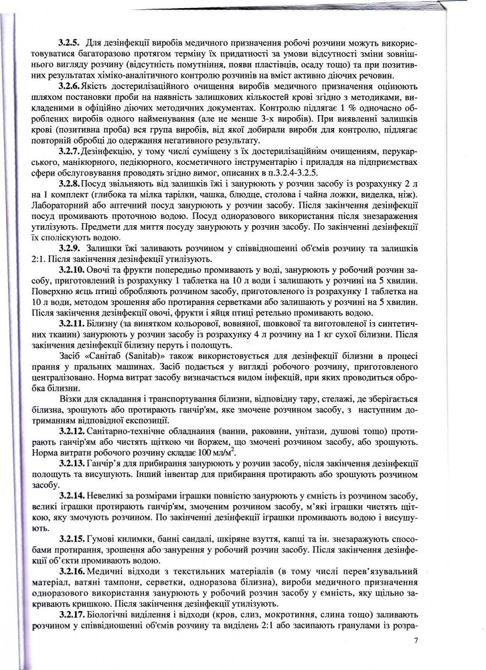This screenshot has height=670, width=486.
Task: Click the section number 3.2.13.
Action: pyautogui.click(x=72, y=462)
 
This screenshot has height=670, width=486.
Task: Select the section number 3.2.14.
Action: pyautogui.click(x=72, y=494)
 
